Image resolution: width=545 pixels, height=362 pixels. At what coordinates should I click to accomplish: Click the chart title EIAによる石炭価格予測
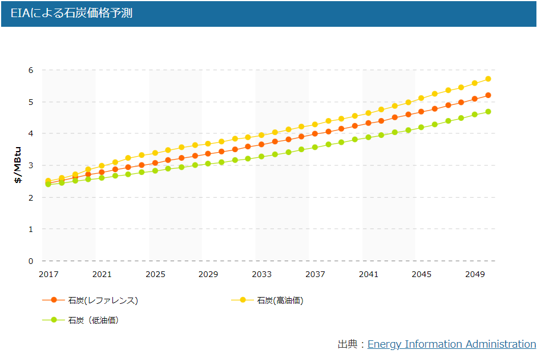[x=71, y=13]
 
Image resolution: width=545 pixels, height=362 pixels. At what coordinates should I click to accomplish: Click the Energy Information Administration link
[x=451, y=344]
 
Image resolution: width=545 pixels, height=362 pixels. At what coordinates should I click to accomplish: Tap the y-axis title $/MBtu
[x=18, y=165]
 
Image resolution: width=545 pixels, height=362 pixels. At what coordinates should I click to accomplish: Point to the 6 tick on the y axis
[x=31, y=70]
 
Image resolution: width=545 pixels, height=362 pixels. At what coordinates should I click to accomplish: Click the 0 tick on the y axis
[x=31, y=261]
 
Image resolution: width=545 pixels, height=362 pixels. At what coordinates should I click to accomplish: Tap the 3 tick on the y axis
[x=31, y=165]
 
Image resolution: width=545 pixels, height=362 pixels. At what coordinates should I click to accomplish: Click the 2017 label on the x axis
[x=49, y=274]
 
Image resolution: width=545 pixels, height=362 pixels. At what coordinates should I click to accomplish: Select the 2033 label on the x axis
[x=262, y=274]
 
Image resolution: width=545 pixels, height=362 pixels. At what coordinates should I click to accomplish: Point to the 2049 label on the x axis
[x=475, y=274]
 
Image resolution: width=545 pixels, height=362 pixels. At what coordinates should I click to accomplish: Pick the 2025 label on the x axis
[x=155, y=274]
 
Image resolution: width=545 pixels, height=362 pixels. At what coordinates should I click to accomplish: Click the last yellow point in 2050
[x=488, y=79]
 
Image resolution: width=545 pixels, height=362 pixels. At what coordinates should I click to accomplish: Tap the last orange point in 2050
[x=488, y=95]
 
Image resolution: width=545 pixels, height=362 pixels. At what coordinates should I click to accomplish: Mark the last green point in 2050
[x=488, y=111]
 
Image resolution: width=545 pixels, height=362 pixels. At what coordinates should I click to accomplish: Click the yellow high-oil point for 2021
[x=102, y=165]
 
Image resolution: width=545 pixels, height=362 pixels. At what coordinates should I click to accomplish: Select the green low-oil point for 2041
[x=369, y=137]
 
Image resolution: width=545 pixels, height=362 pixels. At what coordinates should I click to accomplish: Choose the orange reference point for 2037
[x=315, y=133]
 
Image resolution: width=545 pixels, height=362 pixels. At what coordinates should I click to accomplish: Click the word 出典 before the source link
[x=348, y=344]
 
